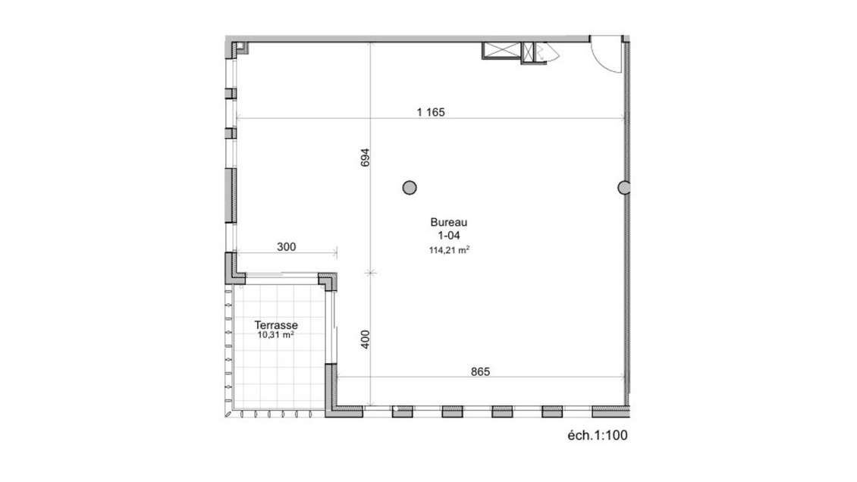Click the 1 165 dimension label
430,112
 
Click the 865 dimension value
480,371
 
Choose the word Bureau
447,223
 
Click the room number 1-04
447,236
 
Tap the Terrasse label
275,324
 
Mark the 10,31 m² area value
275,334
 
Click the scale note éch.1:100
598,435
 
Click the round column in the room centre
410,186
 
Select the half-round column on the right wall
624,187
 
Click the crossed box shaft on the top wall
500,51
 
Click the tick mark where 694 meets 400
370,271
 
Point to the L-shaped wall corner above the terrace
329,281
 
